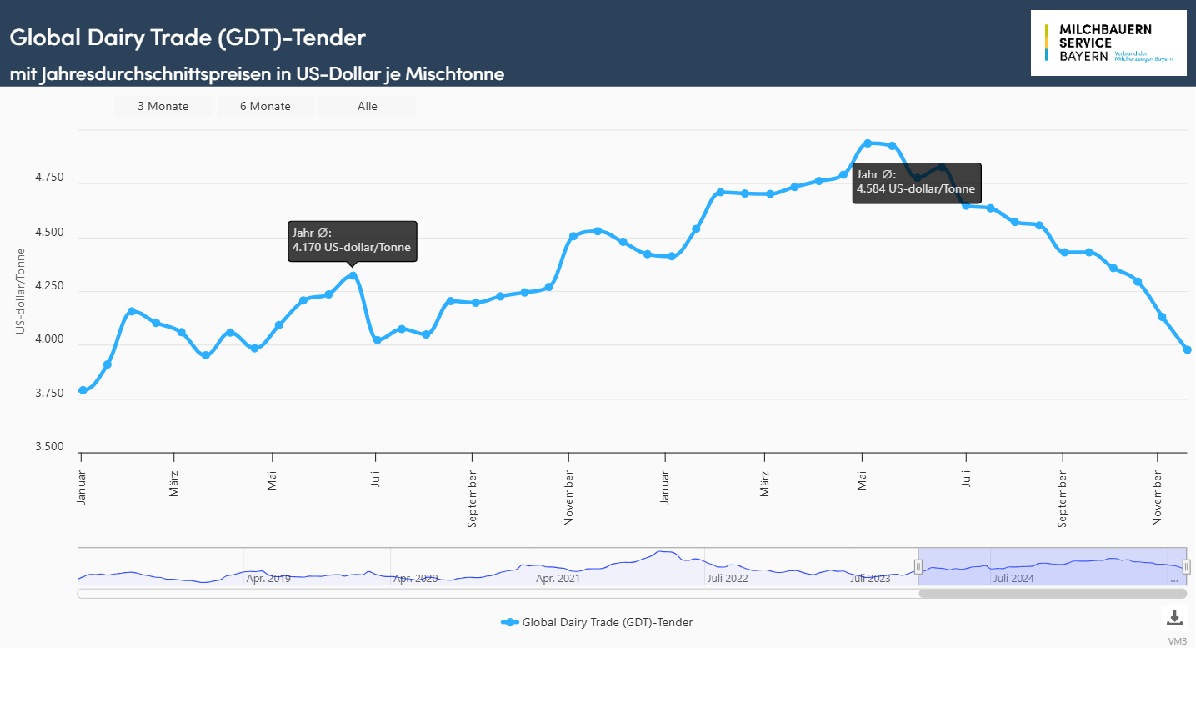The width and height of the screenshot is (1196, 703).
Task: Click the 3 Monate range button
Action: tap(163, 106)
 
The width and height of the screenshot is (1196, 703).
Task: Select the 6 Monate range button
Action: tap(265, 106)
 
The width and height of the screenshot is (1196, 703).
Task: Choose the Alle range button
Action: tap(368, 106)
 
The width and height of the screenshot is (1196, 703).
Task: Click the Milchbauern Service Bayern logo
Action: tap(1108, 43)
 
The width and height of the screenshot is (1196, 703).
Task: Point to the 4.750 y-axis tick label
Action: tap(49, 178)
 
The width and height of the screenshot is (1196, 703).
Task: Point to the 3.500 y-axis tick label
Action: tap(49, 447)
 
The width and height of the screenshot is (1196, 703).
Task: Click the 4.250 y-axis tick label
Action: tap(49, 286)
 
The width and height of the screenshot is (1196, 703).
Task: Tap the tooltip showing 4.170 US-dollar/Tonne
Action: tap(352, 241)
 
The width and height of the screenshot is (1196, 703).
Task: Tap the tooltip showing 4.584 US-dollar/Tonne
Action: tap(916, 182)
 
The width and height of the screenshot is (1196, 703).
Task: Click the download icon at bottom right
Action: tap(1174, 618)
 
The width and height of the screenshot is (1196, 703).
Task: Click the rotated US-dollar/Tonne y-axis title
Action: tap(21, 292)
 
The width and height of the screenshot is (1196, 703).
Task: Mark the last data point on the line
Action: tap(1188, 349)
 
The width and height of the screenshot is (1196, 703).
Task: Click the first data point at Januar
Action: tap(83, 390)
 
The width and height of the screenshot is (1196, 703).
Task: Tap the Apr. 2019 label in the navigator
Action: tap(268, 578)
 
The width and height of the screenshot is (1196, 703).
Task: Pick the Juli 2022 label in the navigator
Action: tap(728, 578)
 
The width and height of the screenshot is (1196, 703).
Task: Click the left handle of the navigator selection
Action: tap(918, 567)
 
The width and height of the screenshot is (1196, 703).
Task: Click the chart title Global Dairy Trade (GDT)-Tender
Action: tap(188, 38)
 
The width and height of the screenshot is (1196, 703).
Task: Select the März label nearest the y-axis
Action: tap(173, 484)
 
